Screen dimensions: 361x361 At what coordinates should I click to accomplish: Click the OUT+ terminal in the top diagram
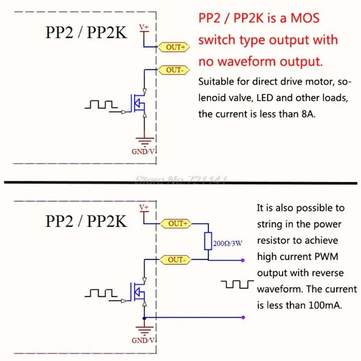point(173,47)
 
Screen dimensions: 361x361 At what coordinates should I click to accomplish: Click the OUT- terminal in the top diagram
point(173,70)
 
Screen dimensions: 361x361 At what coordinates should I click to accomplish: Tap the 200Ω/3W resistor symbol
point(208,241)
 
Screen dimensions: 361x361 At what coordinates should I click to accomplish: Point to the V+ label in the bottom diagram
point(143,207)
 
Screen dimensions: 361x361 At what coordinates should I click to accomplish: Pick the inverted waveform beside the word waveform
point(237,284)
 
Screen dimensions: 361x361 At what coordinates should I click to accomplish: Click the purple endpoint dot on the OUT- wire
point(243,260)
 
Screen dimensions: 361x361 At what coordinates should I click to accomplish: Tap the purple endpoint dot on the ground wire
point(243,317)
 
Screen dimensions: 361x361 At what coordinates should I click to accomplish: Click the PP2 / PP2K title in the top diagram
point(86,34)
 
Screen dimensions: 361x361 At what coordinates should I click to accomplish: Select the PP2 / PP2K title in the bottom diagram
point(86,222)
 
